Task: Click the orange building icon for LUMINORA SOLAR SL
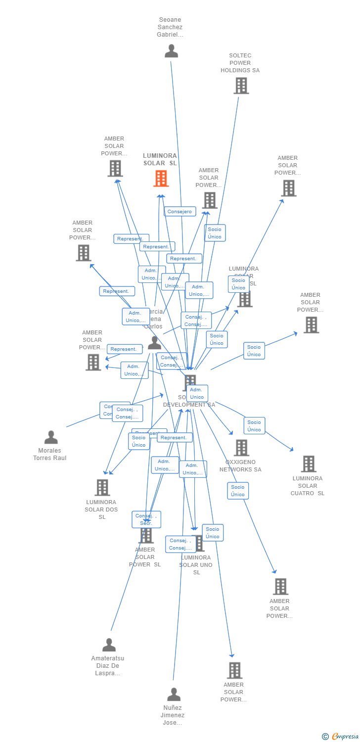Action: (x=161, y=179)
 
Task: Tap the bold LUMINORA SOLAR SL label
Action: (x=160, y=159)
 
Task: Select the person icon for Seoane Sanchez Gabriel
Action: (x=171, y=51)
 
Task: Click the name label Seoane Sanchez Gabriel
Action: (x=170, y=27)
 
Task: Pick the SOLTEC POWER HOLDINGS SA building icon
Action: (x=241, y=86)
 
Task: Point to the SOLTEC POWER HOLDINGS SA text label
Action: (x=240, y=63)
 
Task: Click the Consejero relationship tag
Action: (x=180, y=212)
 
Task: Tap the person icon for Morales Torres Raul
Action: (x=51, y=437)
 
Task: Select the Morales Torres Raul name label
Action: (x=49, y=454)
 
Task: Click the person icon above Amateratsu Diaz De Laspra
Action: (x=109, y=645)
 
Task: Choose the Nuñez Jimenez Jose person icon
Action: (x=174, y=695)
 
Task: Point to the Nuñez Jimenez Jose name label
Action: (x=173, y=715)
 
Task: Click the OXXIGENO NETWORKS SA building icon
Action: (x=241, y=448)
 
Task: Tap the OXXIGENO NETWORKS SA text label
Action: (x=240, y=466)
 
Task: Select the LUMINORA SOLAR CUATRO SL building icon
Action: (x=309, y=464)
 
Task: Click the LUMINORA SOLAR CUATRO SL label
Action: (x=308, y=486)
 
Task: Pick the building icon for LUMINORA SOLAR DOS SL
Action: (x=102, y=488)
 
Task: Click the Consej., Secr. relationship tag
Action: (x=146, y=519)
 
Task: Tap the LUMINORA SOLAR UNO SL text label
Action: (x=196, y=565)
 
